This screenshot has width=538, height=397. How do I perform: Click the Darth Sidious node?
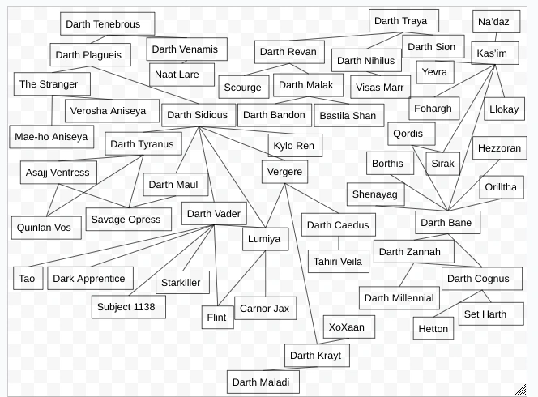point(198,115)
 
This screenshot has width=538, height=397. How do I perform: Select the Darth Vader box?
point(213,214)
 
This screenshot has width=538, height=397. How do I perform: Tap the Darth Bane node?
point(448,223)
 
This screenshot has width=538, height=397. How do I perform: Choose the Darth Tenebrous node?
point(102,24)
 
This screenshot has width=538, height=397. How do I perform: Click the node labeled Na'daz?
point(493,22)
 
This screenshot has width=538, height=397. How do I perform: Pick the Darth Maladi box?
point(263,382)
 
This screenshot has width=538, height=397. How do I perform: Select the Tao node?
point(27,279)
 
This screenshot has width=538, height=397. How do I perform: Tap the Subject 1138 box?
point(129,307)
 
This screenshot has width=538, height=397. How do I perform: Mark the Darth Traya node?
point(403,21)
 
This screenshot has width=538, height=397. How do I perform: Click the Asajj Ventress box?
point(58,173)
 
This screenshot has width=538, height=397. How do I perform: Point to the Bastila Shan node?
point(348,116)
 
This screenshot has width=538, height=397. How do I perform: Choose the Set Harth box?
point(484,314)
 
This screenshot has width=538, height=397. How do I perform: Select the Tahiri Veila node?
point(339,261)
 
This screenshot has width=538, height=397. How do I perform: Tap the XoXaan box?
point(347,328)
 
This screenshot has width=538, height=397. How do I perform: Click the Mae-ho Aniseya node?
point(51,137)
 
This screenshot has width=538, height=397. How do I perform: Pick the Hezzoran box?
point(499,149)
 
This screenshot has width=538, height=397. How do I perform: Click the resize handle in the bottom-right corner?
point(520,390)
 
